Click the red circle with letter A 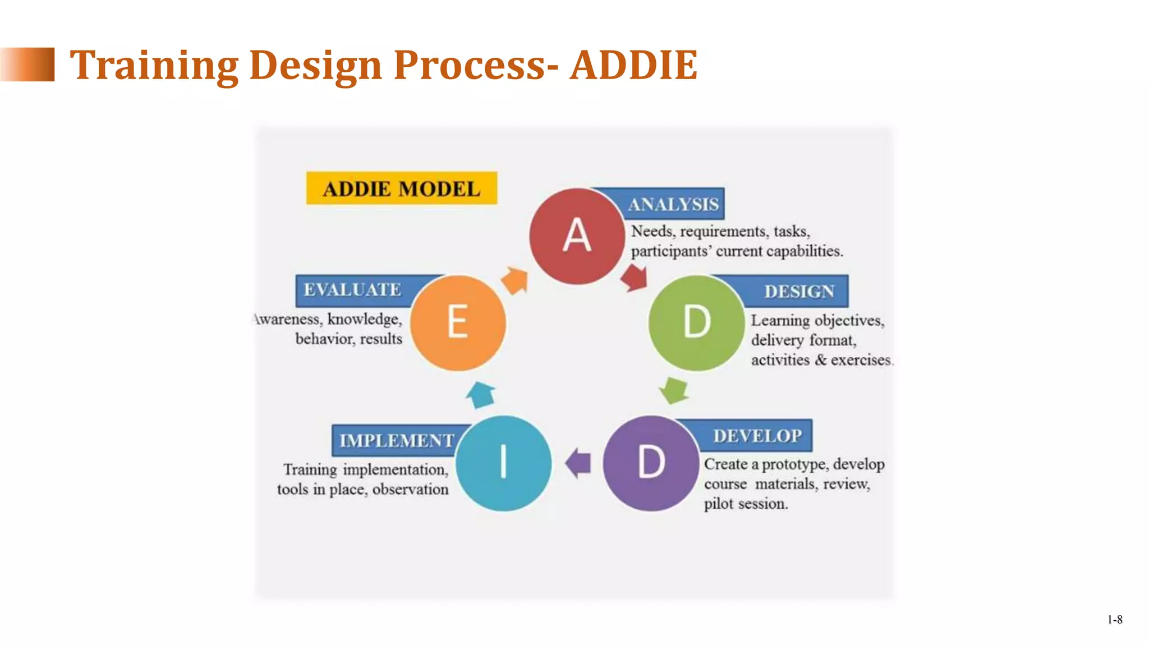[x=577, y=236]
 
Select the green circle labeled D [x=696, y=322]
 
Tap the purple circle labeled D [x=651, y=463]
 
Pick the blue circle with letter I [x=503, y=463]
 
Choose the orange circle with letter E [x=458, y=322]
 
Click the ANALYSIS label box [x=673, y=204]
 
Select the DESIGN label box [x=799, y=292]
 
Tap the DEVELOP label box [x=757, y=436]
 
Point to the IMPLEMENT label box [x=396, y=441]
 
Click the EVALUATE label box [x=352, y=290]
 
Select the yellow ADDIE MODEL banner [x=402, y=188]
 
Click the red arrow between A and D [x=635, y=278]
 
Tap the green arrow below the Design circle [x=673, y=390]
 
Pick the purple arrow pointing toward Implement [x=578, y=463]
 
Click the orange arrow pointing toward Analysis [x=515, y=280]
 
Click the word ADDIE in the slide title [x=633, y=65]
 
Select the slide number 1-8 [x=1115, y=620]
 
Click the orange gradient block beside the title [x=28, y=64]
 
